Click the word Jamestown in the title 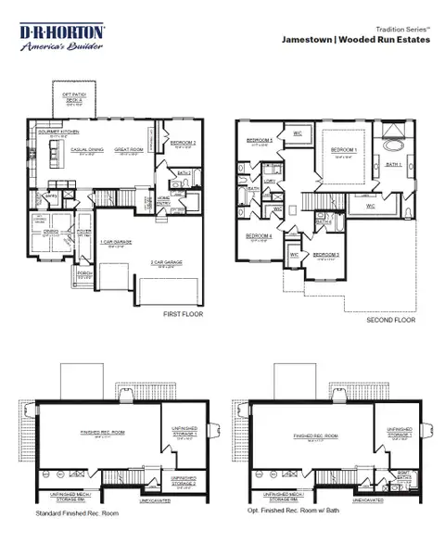coord(313,40)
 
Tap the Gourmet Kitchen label coord(53,132)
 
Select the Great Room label coord(128,148)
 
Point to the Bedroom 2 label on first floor coord(182,141)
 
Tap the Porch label coord(83,272)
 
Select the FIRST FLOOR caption coord(184,314)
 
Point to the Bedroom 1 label coord(345,148)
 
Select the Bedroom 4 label coord(258,235)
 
